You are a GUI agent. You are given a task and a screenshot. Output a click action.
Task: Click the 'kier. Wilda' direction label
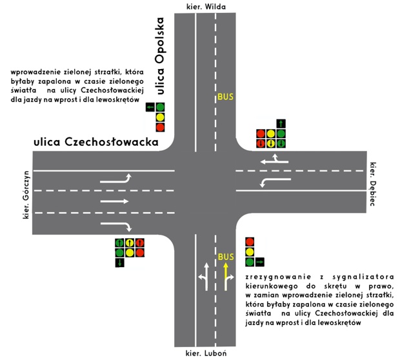coord(206,6)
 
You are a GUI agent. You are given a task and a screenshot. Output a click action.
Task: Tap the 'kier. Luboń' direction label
coord(206,354)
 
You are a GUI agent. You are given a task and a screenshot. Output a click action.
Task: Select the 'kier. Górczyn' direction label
coord(26,195)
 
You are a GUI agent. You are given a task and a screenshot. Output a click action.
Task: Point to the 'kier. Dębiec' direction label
coord(373,184)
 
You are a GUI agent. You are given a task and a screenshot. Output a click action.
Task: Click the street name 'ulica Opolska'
coord(160,56)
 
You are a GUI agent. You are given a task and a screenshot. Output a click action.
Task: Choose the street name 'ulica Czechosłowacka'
coord(96,142)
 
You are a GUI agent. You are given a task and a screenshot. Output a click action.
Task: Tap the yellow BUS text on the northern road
coord(226,97)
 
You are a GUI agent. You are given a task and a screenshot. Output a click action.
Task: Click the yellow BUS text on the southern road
coord(226,257)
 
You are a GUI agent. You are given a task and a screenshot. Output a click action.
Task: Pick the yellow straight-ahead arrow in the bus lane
coord(226,277)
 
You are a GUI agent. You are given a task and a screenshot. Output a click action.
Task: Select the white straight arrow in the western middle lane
coord(114,201)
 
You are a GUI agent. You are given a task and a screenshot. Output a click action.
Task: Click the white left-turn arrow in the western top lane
coord(116,179)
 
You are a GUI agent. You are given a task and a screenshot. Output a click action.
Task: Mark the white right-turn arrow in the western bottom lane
coord(116,226)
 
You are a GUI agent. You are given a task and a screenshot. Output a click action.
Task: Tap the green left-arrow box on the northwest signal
coord(150,107)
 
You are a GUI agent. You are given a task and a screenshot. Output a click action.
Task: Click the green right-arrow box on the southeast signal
coord(260,262)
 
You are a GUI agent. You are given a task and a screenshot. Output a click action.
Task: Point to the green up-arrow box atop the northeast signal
coord(281,124)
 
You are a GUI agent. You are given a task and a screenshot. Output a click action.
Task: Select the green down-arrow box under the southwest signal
coord(119,263)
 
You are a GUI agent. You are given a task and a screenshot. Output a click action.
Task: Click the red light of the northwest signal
coord(160,127)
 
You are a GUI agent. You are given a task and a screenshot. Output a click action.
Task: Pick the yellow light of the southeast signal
coord(250,252)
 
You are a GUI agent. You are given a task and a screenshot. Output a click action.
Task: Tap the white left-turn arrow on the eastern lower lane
coord(275,182)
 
